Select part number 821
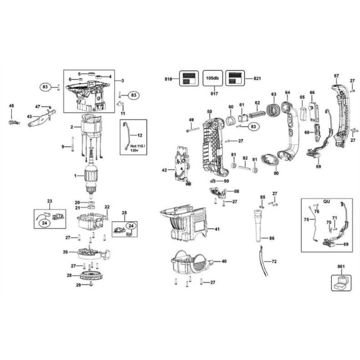pos(257,78)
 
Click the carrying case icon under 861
pos(341,283)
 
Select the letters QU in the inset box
pos(327,202)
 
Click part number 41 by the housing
pos(217,229)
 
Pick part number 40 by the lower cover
pos(224,261)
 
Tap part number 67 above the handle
pos(336,76)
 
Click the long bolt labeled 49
pos(193,130)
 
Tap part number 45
pos(12,105)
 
